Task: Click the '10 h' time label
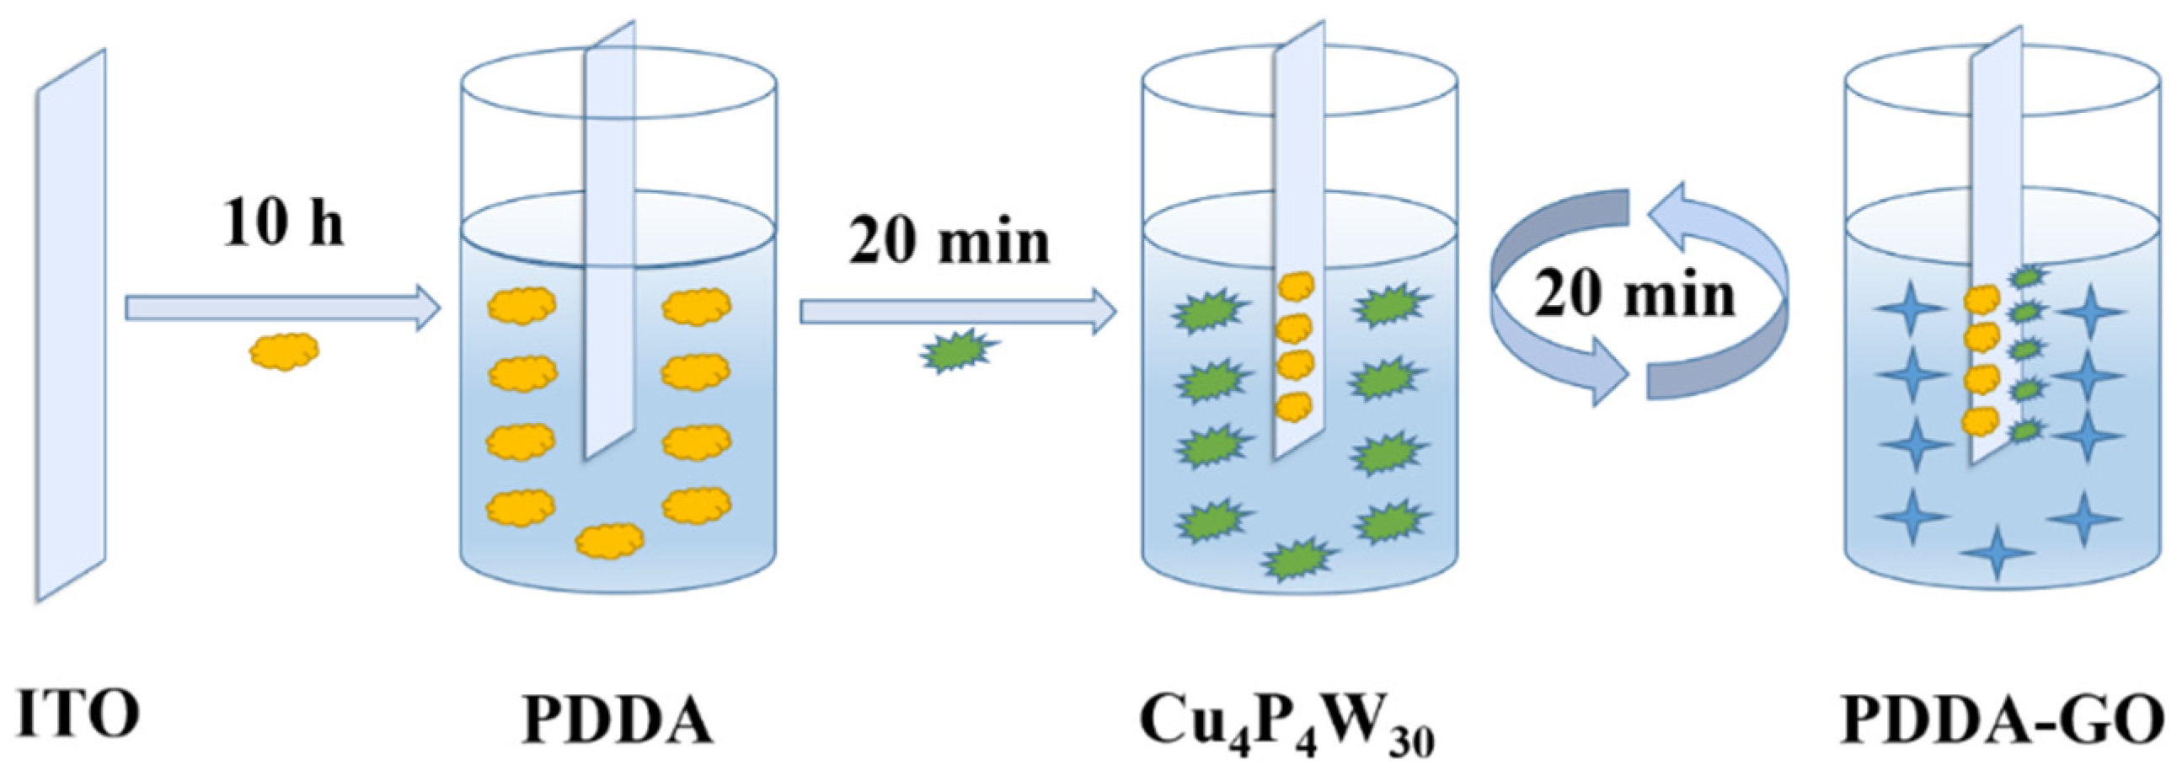point(283,225)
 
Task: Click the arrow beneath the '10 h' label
point(282,308)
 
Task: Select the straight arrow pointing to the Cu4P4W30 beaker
point(957,312)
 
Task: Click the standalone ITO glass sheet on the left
point(71,326)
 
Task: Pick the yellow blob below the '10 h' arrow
point(285,350)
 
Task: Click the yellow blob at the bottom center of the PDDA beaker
point(610,540)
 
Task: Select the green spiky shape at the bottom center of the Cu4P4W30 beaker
point(1297,559)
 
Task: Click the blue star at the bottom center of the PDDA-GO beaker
point(1997,553)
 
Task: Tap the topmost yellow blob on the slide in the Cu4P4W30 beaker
point(1295,286)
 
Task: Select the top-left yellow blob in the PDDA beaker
point(521,305)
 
